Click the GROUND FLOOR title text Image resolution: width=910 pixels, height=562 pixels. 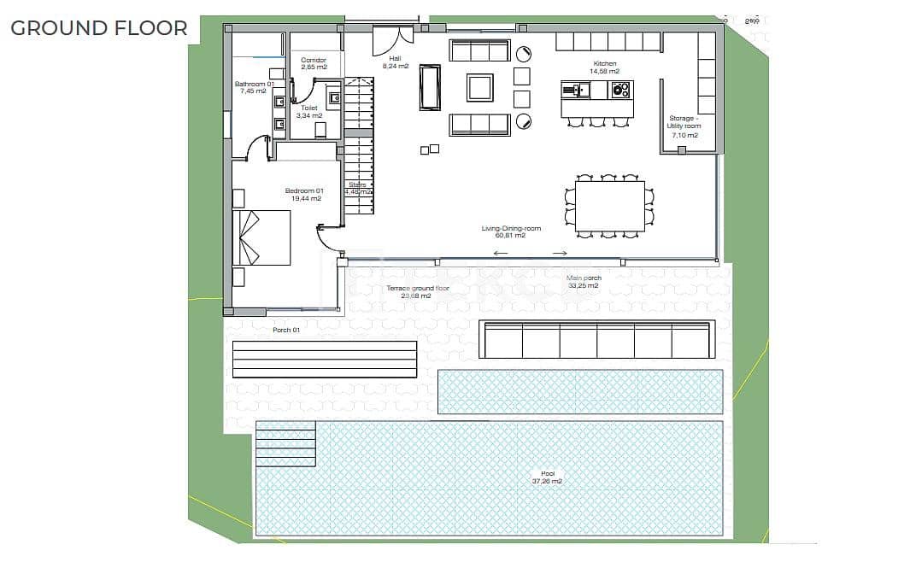(99, 27)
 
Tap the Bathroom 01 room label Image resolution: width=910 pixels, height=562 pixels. (254, 87)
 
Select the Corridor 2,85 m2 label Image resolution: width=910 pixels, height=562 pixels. (314, 64)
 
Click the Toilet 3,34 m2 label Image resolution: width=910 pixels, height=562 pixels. (308, 112)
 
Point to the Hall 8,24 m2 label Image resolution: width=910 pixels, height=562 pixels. (395, 62)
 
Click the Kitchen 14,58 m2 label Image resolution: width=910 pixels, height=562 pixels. (604, 68)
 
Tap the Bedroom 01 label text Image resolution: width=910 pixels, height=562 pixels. (303, 194)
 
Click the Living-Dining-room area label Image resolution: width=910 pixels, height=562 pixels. (510, 231)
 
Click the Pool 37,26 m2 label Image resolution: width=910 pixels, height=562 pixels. (546, 477)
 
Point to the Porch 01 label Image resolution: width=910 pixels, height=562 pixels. (286, 330)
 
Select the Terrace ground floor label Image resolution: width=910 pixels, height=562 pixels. (417, 292)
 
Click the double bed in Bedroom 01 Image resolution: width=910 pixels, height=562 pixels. (262, 237)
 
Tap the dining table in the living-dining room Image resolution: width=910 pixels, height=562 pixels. (609, 206)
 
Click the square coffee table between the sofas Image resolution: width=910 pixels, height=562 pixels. (479, 87)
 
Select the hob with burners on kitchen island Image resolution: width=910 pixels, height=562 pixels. (619, 89)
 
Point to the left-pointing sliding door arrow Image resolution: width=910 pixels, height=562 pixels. (501, 254)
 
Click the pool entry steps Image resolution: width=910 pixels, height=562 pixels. (285, 443)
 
